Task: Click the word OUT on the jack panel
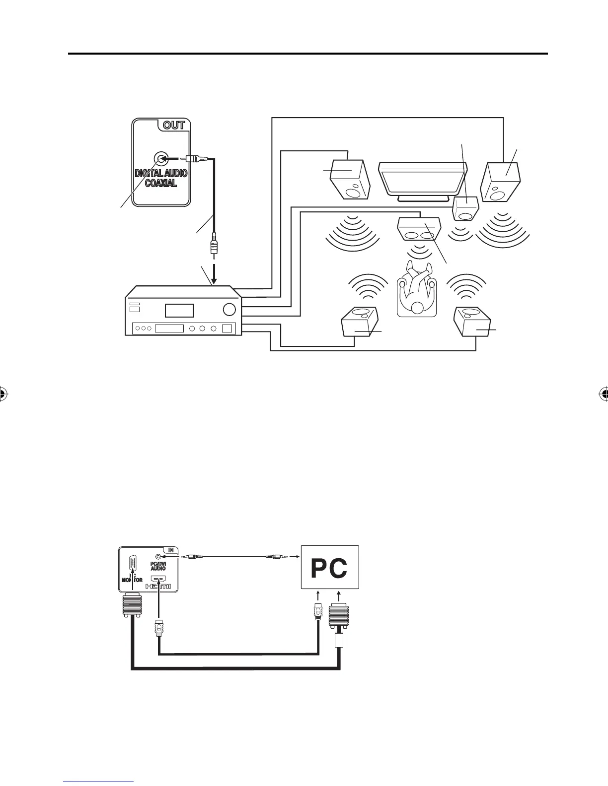[x=174, y=125]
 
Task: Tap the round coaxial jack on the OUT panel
[x=160, y=159]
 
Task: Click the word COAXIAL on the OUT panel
[x=161, y=184]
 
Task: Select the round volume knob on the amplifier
[x=229, y=309]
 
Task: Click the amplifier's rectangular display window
[x=179, y=311]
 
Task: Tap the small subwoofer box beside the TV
[x=466, y=208]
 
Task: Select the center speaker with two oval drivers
[x=420, y=230]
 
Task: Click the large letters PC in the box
[x=329, y=569]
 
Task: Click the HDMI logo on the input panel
[x=158, y=587]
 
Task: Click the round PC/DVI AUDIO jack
[x=158, y=556]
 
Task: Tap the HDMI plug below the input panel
[x=158, y=627]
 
